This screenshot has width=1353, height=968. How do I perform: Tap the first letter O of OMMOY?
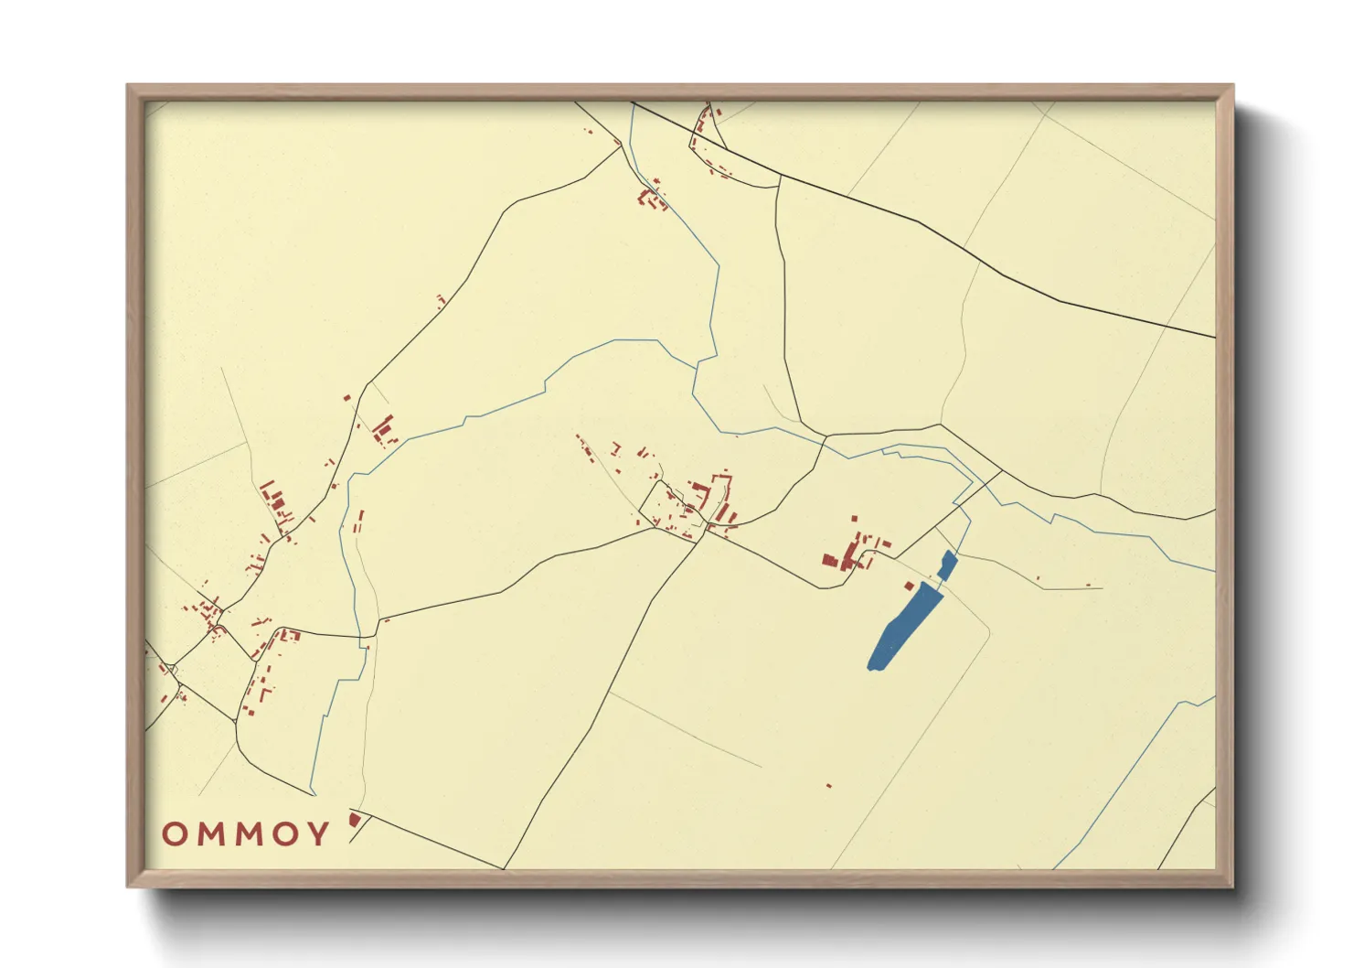click(174, 834)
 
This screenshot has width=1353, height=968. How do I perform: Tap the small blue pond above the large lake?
click(947, 565)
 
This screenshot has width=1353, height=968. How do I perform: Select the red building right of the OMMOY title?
click(356, 820)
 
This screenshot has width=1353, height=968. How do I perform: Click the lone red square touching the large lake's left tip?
click(909, 586)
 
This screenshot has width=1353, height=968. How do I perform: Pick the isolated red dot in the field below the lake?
click(829, 786)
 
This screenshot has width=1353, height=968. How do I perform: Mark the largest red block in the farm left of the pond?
click(831, 560)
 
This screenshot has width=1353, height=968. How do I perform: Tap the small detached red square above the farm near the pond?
click(856, 518)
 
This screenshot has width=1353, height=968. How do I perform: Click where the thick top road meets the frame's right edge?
click(1214, 338)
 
